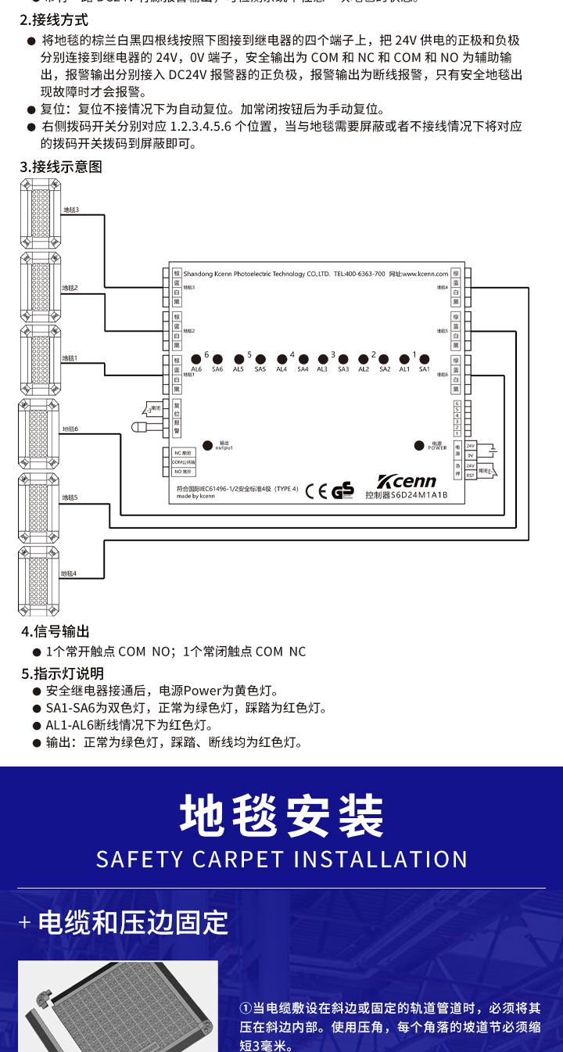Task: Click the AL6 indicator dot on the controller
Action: coord(196,359)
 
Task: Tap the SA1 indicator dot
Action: coord(425,359)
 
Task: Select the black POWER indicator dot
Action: coord(418,446)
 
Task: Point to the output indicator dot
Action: coord(208,446)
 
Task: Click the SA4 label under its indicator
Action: coord(303,369)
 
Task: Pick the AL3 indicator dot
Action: coord(321,359)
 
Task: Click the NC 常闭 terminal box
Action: coord(183,453)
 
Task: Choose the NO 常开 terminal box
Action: coord(183,472)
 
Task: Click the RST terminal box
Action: coord(471,475)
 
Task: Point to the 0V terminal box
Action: coord(471,455)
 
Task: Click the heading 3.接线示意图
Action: coord(61,167)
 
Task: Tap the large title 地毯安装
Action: coord(281,816)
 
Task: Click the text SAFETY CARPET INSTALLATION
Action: coord(281,859)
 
